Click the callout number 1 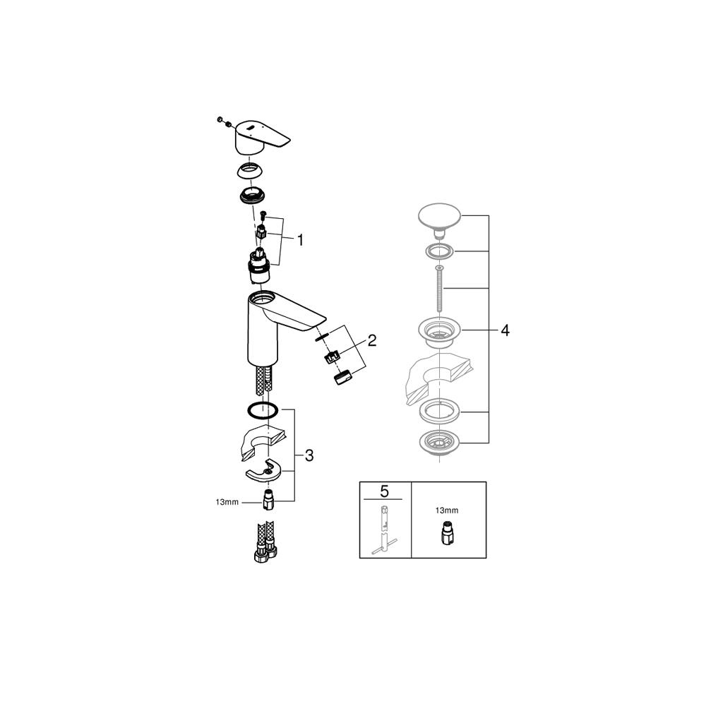300,240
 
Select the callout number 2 371,340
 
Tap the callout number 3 309,455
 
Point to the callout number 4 505,330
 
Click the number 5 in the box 384,491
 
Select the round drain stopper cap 439,219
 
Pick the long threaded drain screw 439,289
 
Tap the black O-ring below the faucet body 263,410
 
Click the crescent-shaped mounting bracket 263,470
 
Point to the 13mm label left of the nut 227,502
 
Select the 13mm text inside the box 447,510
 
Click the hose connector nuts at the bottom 265,552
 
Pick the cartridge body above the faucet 259,267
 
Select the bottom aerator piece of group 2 343,376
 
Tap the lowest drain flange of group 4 439,444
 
